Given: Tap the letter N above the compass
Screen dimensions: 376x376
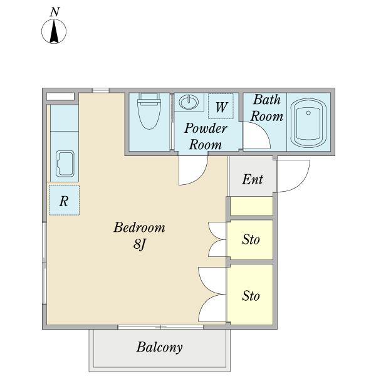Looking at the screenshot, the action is [x=55, y=12].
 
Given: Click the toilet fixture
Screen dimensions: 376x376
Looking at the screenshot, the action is [x=149, y=111].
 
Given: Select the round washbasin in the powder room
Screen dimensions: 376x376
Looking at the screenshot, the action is [x=189, y=102].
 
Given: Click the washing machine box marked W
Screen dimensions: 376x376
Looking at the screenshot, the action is [x=221, y=106].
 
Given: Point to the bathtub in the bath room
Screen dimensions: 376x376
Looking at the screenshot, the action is [x=308, y=123].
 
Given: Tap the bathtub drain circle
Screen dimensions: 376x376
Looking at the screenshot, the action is [x=308, y=113].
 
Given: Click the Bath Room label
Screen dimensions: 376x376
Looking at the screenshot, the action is [x=267, y=108].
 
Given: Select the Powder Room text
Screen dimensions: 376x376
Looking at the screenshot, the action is [x=206, y=137].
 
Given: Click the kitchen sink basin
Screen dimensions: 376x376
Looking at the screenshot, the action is [x=65, y=164].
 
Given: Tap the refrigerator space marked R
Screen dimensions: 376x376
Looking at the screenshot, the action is [x=64, y=200].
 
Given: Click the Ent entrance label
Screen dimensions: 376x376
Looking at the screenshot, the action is [x=253, y=179].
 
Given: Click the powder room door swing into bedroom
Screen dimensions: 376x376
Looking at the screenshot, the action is [x=201, y=177].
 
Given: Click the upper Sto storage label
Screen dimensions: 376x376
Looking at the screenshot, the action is [x=251, y=239].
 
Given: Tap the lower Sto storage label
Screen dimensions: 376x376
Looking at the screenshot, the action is [x=251, y=295].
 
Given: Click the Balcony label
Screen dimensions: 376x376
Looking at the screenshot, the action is [x=159, y=347].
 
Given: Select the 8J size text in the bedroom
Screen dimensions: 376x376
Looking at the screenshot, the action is [x=140, y=244].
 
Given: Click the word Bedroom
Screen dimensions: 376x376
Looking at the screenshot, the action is [x=139, y=227].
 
